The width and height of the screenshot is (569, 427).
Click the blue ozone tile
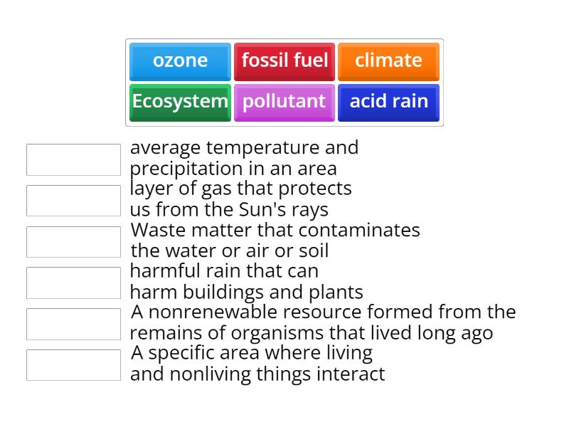point(180,61)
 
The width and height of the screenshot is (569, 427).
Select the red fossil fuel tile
point(284,61)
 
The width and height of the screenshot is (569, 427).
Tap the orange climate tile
point(388,61)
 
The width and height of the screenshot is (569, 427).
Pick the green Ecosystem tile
point(180,102)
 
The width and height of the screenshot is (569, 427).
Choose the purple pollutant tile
point(284,102)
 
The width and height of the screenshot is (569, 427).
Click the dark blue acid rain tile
point(388,102)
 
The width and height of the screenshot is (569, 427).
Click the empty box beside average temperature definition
point(73,159)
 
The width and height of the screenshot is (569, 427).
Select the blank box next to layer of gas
point(73,201)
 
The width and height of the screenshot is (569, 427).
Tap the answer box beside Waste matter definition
point(73,242)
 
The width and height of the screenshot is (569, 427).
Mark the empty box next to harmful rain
point(73,283)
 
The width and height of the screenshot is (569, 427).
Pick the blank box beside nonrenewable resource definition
point(73,324)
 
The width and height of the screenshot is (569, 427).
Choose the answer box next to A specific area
point(73,365)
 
